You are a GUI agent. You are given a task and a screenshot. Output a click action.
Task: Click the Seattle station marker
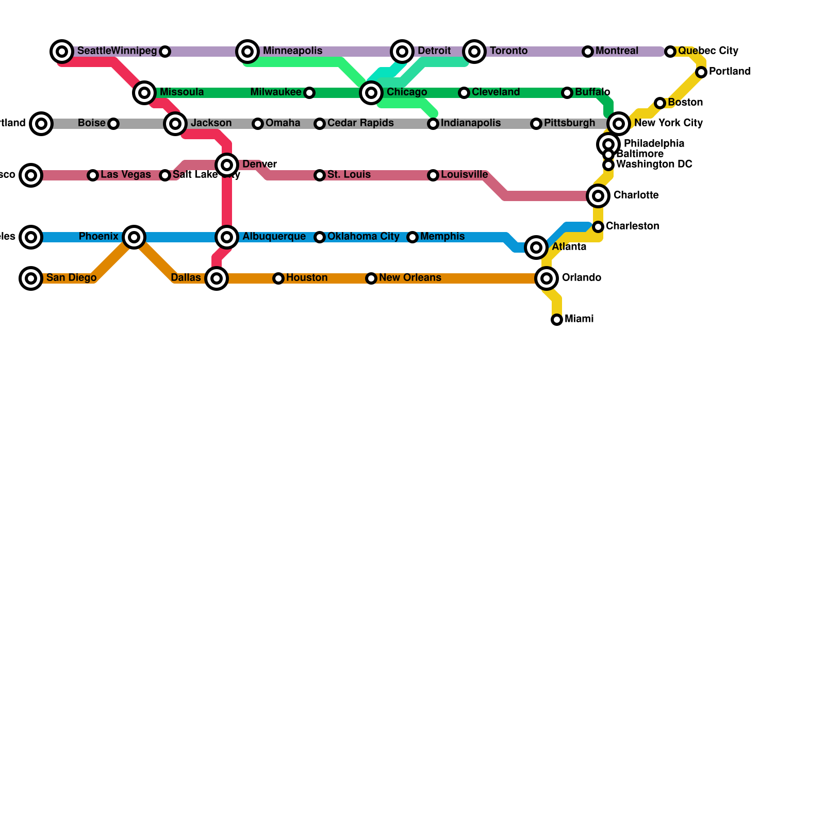(62, 52)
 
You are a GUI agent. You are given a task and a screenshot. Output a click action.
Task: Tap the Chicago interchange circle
(371, 93)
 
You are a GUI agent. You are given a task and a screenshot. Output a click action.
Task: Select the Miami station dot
(557, 320)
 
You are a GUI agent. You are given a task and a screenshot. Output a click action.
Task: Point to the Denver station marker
(227, 165)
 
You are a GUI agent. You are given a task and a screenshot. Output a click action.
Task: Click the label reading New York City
(668, 123)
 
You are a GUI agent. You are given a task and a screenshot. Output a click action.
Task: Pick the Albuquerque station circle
(227, 237)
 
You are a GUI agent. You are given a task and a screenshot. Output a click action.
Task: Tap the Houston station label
(307, 278)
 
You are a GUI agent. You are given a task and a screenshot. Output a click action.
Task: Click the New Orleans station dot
(371, 278)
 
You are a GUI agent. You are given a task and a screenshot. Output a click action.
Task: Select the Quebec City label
(708, 51)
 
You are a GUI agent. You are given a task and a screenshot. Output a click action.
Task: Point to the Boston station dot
(660, 103)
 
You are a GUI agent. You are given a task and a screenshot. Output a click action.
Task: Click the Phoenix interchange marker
(134, 237)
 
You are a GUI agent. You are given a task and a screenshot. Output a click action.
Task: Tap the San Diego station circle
(31, 278)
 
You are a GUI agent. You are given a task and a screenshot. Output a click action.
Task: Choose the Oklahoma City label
(363, 237)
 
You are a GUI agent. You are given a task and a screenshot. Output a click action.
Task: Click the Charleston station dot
(598, 227)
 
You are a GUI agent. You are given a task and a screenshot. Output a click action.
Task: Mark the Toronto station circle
(474, 52)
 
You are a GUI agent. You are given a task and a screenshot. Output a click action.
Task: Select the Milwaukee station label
(276, 92)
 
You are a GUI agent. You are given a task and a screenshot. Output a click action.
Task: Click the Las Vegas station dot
(93, 175)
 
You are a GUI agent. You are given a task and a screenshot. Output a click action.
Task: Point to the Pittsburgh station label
(569, 123)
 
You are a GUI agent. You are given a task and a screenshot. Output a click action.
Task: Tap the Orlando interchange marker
(547, 278)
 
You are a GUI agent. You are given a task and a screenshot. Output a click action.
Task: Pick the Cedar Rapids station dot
(320, 124)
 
